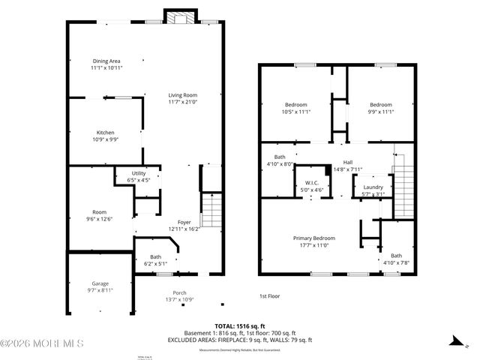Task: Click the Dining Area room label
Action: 106,61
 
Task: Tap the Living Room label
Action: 182,95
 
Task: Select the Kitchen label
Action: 105,132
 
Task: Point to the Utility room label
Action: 139,173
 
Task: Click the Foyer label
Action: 184,222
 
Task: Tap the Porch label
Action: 179,292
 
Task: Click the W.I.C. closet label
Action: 312,183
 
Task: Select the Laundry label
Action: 373,187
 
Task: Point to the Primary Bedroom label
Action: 313,238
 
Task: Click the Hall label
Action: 347,162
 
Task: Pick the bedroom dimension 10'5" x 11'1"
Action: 295,112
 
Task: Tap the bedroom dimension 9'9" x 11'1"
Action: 380,112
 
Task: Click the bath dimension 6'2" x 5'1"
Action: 155,263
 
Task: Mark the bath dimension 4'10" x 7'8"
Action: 396,262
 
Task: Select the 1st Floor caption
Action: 269,297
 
